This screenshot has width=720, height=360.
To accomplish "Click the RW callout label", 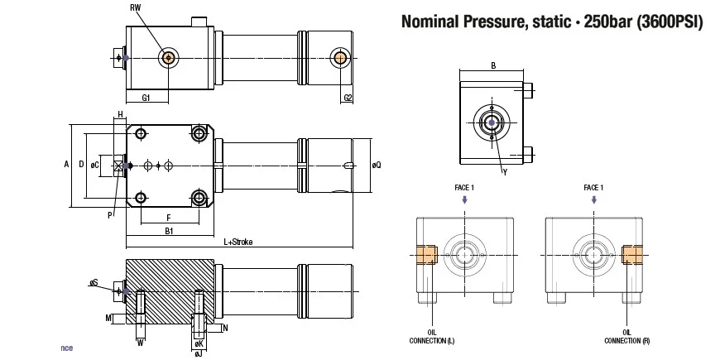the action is point(135,7).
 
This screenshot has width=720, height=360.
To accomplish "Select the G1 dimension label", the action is point(146,98).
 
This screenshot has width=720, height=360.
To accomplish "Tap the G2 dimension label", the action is point(348,98).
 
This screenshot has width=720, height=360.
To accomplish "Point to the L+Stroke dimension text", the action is point(238,242).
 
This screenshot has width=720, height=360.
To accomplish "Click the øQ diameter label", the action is point(377,165).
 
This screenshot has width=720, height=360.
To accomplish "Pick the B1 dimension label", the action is point(169,231).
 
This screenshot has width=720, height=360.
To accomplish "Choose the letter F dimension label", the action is point(169,216).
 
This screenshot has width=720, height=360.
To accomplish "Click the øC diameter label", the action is point(95,165).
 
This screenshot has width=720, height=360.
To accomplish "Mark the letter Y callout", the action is point(505,173).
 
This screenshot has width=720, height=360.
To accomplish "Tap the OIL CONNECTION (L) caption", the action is point(432,337).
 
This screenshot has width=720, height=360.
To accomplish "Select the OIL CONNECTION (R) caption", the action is point(626,337).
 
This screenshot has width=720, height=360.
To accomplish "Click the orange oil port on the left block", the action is point(426,255).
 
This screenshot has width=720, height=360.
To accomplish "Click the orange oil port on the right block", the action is point(631,255).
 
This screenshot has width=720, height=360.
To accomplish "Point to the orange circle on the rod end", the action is point(340,58).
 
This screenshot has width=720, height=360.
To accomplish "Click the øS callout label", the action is point(94,282).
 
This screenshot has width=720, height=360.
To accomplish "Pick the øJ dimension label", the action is point(199,354).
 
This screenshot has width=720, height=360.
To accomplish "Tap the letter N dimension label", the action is point(225,328).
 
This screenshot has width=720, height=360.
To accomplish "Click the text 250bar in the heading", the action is point(608,22).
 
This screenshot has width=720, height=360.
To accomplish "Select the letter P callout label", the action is point(110,215).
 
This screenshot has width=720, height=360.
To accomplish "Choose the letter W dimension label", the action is point(141,343).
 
